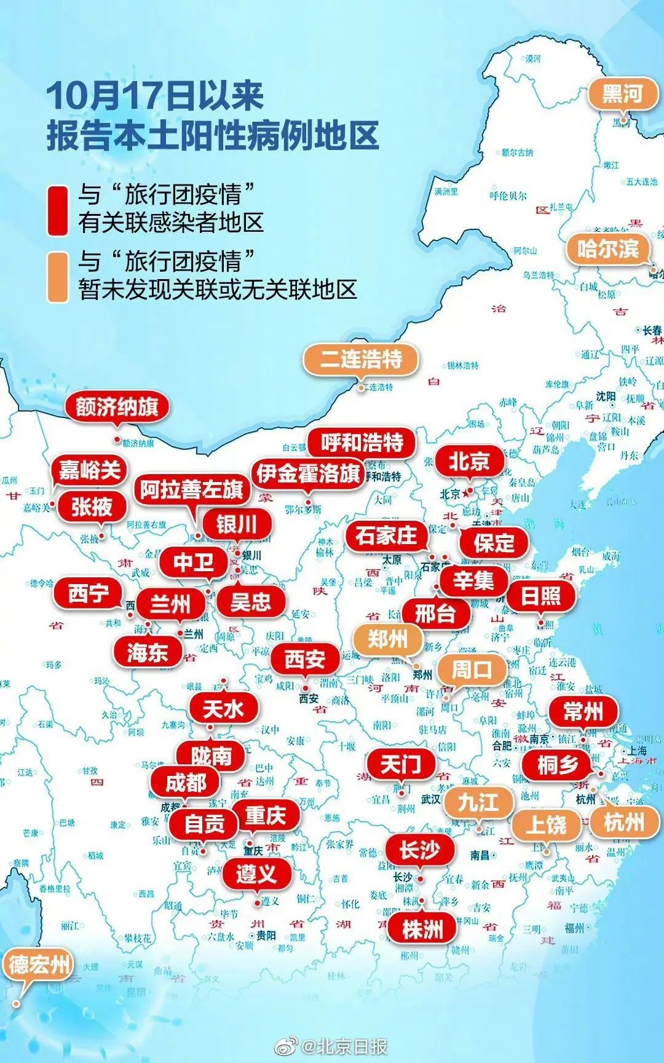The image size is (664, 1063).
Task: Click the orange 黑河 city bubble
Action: [622, 95]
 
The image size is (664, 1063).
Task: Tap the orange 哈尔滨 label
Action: [607, 249]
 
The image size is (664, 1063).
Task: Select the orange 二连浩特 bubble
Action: [361, 359]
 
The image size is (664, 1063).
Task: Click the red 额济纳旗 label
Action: [117, 406]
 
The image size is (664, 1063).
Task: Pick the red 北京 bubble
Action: [468, 461]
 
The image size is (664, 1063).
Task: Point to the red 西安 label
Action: [305, 658]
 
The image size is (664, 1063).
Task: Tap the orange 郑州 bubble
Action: [387, 639]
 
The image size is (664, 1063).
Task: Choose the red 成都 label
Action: [186, 783]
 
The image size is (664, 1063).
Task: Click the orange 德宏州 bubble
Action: [39, 964]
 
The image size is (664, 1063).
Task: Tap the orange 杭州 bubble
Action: [624, 822]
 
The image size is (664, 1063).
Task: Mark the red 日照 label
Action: [540, 596]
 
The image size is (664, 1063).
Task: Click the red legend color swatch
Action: [58, 210]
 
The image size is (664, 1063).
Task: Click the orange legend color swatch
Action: [58, 277]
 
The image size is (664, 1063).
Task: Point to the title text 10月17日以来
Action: [155, 96]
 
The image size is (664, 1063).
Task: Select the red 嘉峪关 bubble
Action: [89, 470]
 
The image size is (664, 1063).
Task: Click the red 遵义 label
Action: [256, 873]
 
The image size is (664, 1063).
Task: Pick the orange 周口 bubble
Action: [472, 670]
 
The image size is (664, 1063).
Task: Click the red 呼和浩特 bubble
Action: [362, 442]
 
